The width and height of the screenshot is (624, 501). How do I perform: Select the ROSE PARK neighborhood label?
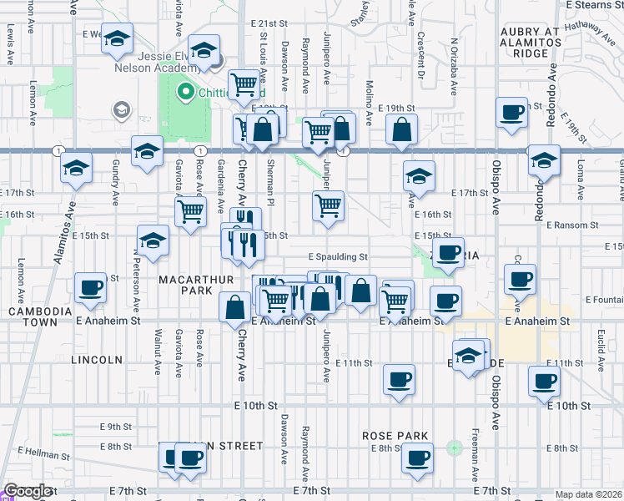395,436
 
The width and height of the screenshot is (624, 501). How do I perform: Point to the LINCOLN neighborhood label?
97,360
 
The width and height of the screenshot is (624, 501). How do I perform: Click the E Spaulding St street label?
338,257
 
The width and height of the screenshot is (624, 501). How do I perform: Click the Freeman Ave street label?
475,462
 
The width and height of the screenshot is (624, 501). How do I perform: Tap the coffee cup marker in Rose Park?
417,457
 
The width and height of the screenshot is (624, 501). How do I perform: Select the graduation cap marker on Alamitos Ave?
76,168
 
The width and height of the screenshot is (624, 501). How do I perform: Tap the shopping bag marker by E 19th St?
402,129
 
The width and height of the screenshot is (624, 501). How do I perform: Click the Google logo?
27,492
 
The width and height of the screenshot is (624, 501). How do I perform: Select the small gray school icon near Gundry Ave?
121,109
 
